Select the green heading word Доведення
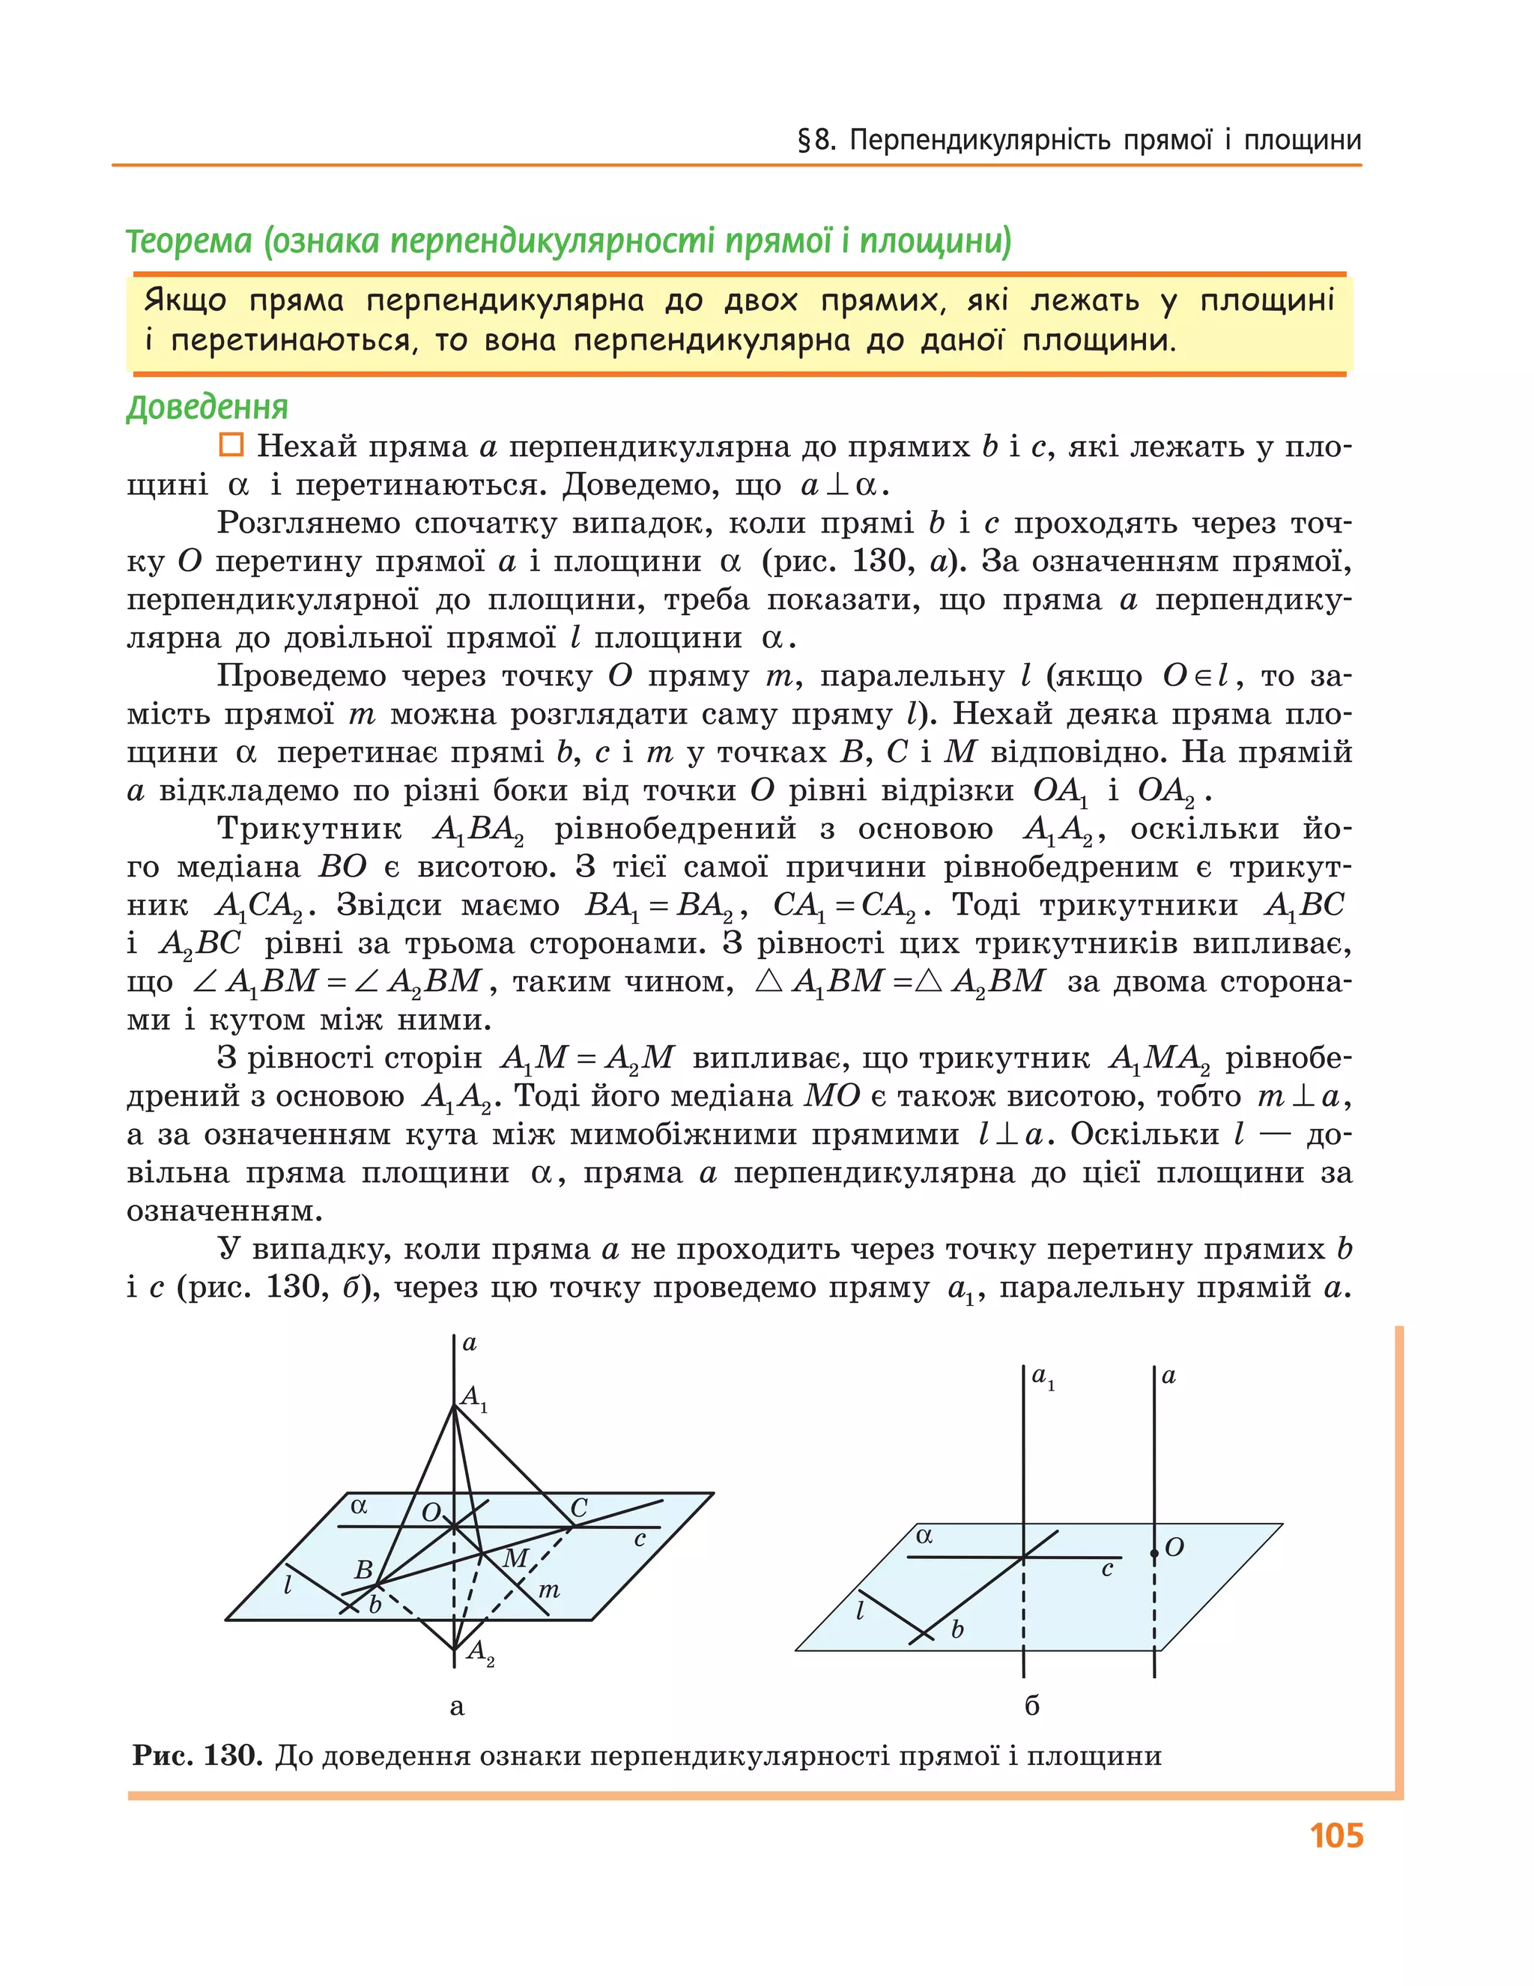pyautogui.click(x=207, y=407)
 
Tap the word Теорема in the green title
pyautogui.click(x=188, y=241)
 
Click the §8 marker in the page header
pyautogui.click(x=816, y=141)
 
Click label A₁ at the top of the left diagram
pyautogui.click(x=473, y=1398)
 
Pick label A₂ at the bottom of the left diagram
pyautogui.click(x=479, y=1651)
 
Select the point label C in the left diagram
pyautogui.click(x=578, y=1508)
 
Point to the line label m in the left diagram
pyautogui.click(x=548, y=1590)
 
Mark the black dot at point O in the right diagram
pyautogui.click(x=1154, y=1553)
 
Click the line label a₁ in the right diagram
pyautogui.click(x=1042, y=1377)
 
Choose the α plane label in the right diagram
pyautogui.click(x=924, y=1536)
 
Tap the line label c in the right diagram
pyautogui.click(x=1106, y=1569)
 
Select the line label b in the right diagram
pyautogui.click(x=957, y=1629)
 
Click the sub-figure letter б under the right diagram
pyautogui.click(x=1031, y=1706)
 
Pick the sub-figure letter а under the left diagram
pyautogui.click(x=456, y=1707)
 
